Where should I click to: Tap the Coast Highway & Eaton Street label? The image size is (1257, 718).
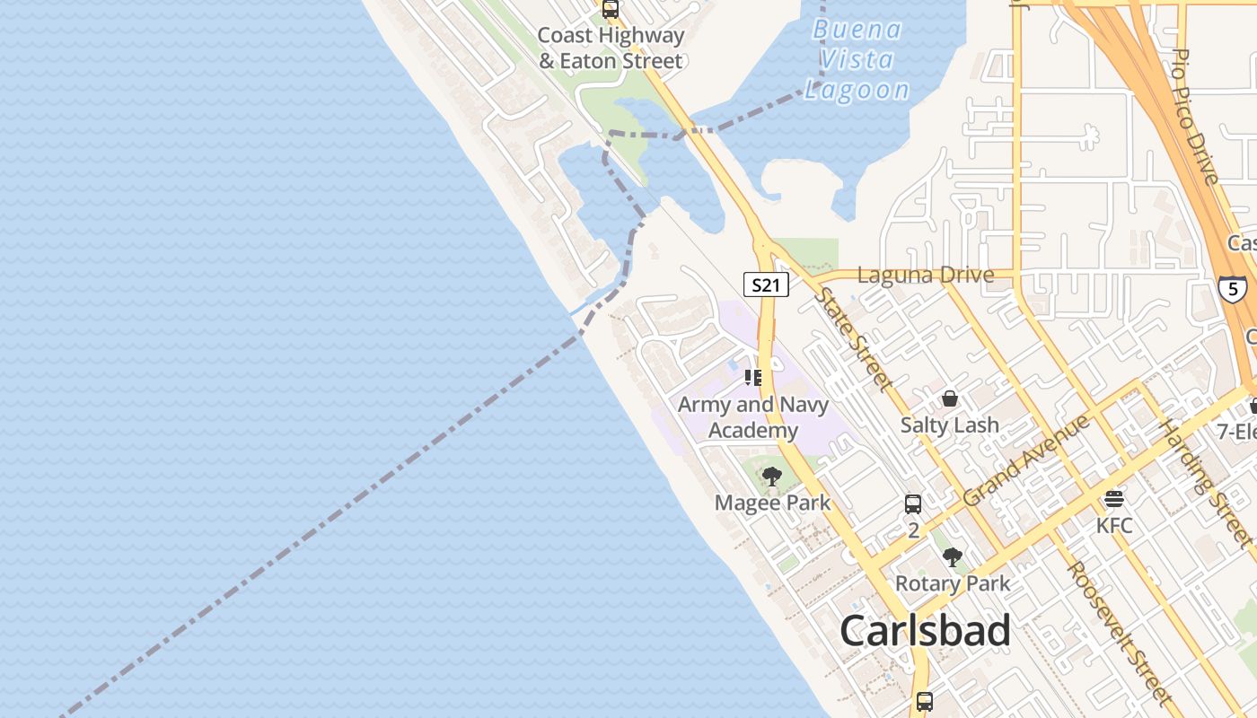611,48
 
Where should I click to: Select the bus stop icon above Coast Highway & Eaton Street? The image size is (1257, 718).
611,10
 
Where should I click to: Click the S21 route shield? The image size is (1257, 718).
766,285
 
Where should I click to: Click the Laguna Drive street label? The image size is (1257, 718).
925,276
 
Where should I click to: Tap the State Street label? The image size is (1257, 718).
854,339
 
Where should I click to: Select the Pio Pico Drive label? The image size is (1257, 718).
1195,117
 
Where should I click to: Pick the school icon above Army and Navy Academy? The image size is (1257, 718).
753,378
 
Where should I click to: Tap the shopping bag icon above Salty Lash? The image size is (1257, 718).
949,398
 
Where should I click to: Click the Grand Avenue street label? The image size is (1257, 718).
1025,460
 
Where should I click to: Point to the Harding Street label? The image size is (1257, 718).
1204,483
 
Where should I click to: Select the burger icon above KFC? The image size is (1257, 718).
1114,498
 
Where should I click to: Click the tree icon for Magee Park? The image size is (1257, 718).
771,477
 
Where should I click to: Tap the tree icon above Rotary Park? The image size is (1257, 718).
953,557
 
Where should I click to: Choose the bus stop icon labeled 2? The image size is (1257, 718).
913,503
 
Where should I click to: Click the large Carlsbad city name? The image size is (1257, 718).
925,631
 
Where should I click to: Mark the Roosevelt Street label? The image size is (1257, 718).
1118,632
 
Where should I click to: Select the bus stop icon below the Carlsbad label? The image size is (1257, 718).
924,701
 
